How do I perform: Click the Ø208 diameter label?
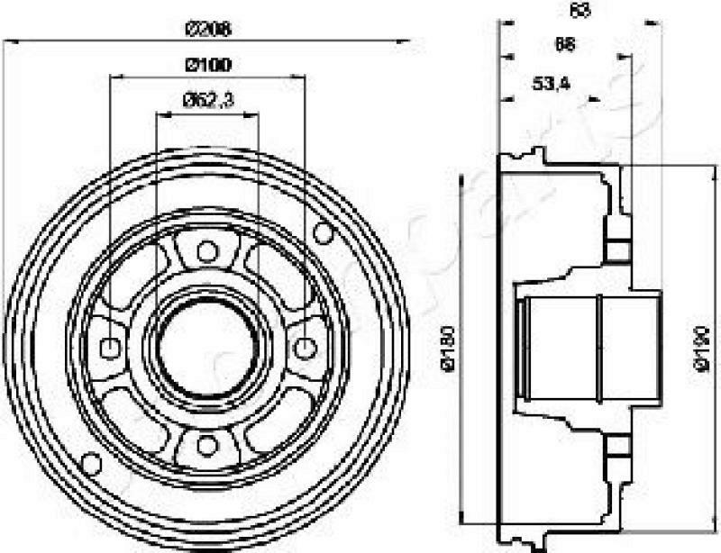[208, 29]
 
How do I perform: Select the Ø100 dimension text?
[208, 64]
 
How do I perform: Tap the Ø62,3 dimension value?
[208, 101]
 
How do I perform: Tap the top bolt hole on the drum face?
[207, 249]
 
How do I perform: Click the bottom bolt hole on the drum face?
[207, 444]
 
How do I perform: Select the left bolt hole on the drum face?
[110, 347]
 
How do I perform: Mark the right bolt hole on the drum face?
[306, 347]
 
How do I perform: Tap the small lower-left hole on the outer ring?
[91, 463]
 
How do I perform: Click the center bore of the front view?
[207, 347]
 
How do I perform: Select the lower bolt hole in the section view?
[618, 447]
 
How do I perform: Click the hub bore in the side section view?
[586, 347]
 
